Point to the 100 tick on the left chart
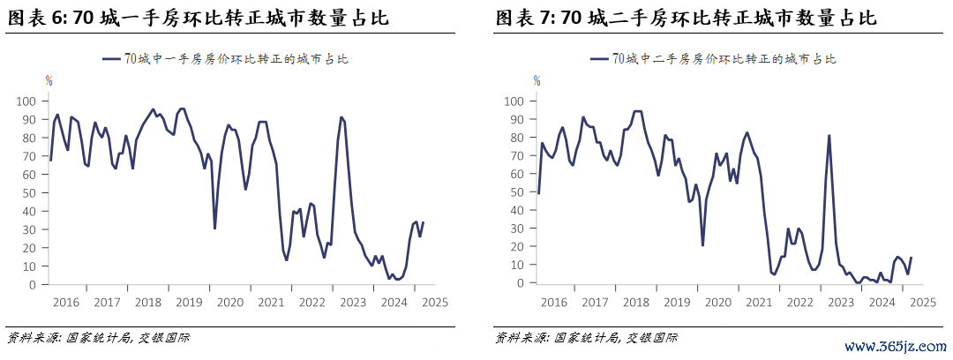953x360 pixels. tap(27, 101)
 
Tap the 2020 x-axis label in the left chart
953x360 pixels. tap(229, 302)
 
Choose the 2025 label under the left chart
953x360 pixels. tap(434, 302)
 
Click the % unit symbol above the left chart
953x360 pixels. tap(49, 81)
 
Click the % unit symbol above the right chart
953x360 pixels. tap(537, 81)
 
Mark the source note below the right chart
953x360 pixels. tap(585, 337)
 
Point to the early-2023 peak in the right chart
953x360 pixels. tap(829, 135)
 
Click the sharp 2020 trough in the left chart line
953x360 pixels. tap(214, 229)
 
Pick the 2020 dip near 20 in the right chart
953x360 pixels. tap(702, 245)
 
